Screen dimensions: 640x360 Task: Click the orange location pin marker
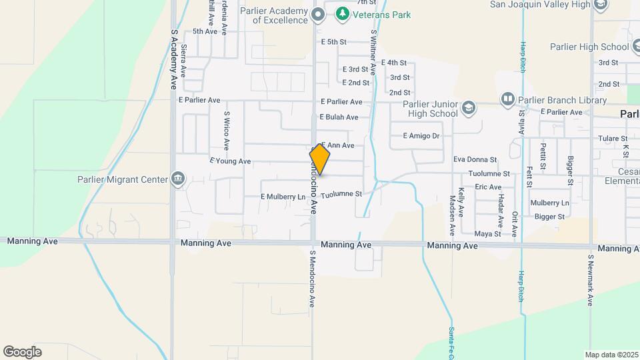click(x=320, y=160)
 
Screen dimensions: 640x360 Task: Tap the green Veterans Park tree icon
click(x=342, y=13)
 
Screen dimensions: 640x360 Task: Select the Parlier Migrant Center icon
click(x=178, y=179)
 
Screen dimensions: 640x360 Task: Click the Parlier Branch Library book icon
click(x=508, y=100)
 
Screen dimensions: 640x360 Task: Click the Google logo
click(x=22, y=351)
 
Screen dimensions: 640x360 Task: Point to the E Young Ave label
click(x=230, y=161)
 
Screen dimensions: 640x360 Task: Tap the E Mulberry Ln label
click(x=283, y=197)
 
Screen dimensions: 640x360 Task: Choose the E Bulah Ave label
click(x=339, y=117)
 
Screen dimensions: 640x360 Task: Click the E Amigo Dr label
click(x=421, y=136)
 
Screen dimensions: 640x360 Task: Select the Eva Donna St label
click(x=475, y=160)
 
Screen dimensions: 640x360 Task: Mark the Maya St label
click(x=487, y=234)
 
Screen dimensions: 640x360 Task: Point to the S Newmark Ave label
click(x=590, y=280)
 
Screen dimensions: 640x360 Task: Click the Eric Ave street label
click(x=488, y=187)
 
